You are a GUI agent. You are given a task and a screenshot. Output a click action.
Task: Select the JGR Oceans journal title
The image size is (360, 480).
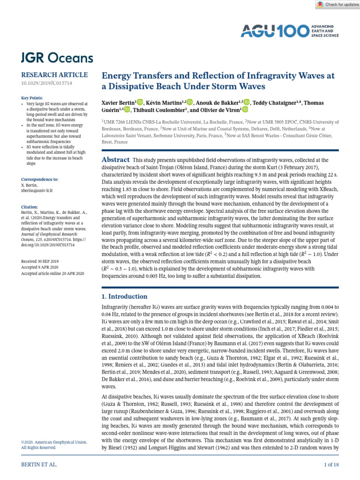[57, 58]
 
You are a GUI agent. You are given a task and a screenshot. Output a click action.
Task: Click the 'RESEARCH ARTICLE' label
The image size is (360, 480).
[54, 75]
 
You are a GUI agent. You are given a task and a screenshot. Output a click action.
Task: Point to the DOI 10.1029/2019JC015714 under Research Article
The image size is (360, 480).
[46, 83]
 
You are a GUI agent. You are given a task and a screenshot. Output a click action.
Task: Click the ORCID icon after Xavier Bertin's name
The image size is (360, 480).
[140, 102]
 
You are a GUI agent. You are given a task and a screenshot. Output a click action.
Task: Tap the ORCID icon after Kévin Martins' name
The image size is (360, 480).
[190, 102]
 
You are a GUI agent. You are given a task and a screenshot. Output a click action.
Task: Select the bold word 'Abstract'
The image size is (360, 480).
[115, 160]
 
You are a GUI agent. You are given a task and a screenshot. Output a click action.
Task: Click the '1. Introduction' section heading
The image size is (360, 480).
[125, 296]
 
